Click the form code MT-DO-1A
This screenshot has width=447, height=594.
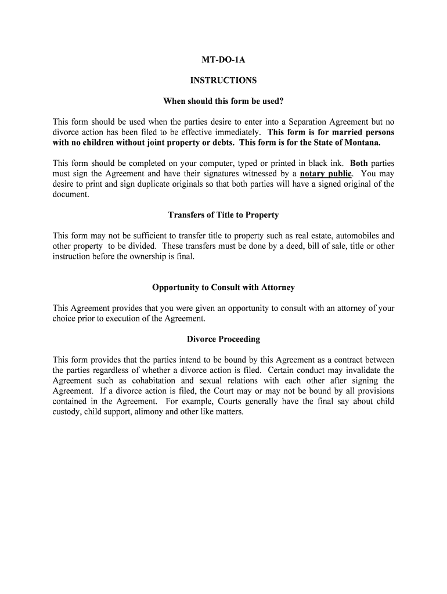click(223, 60)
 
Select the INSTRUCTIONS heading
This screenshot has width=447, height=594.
click(223, 81)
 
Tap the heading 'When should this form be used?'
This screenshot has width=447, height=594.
click(223, 102)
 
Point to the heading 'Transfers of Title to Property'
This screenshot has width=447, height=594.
click(223, 215)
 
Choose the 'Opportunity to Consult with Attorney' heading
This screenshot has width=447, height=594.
click(223, 288)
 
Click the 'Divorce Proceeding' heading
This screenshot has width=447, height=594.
click(223, 339)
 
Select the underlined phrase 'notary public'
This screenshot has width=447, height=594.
click(326, 173)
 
